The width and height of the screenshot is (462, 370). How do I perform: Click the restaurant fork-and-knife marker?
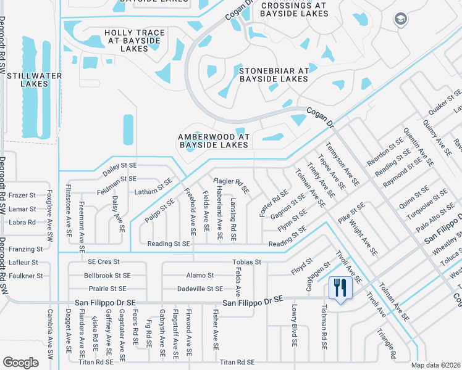click(x=340, y=288)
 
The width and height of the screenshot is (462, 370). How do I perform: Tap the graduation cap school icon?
click(x=400, y=19)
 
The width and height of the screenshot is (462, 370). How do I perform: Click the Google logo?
click(x=20, y=363)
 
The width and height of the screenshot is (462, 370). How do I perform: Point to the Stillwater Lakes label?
click(x=25, y=80)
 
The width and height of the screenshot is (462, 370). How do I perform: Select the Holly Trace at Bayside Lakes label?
click(x=134, y=40)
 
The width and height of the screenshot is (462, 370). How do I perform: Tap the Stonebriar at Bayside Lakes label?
click(x=274, y=75)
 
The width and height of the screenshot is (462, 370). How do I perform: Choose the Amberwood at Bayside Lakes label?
click(x=213, y=141)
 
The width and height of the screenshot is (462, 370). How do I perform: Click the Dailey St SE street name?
click(x=119, y=166)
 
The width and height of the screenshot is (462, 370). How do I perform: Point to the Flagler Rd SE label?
click(x=231, y=186)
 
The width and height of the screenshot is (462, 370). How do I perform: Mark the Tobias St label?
click(x=246, y=262)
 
